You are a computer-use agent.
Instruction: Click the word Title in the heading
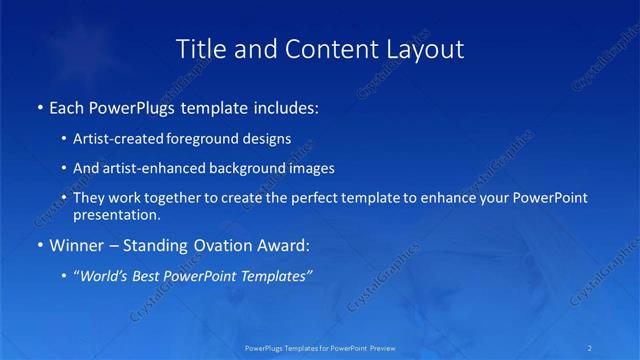pos(200,48)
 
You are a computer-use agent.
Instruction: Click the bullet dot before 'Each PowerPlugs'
pos(39,106)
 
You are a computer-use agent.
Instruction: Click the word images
pos(303,168)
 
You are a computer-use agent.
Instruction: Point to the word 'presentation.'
pos(117,214)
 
